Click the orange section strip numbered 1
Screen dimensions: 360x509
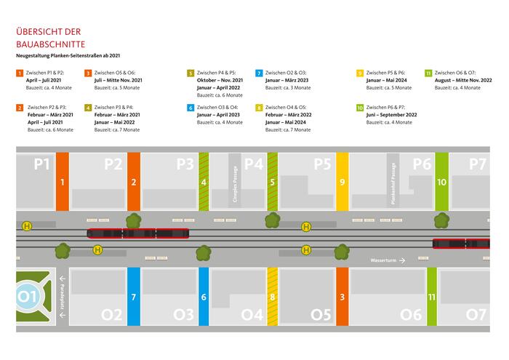click(62, 182)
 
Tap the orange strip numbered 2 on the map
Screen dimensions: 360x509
click(133, 182)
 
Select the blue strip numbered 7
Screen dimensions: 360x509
click(133, 297)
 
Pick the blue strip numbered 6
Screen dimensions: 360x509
click(204, 297)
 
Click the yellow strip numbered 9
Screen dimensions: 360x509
click(342, 182)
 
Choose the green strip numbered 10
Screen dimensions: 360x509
click(441, 182)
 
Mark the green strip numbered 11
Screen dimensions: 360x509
click(432, 297)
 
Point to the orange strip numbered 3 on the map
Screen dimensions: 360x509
click(342, 297)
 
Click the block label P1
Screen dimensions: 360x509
click(42, 164)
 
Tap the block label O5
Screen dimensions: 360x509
click(321, 315)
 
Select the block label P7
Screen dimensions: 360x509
click(477, 164)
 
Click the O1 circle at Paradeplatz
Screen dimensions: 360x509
click(27, 297)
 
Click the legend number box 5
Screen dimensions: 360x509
click(191, 73)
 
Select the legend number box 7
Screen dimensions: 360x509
click(259, 73)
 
